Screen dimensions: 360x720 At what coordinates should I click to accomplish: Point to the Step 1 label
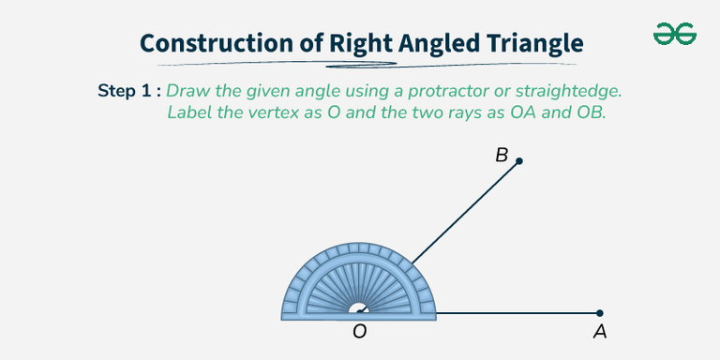tap(129, 91)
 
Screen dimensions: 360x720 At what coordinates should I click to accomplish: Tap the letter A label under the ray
tap(599, 331)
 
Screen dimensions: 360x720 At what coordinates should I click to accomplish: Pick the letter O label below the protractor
tap(359, 331)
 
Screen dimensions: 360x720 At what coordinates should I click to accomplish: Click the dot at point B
tap(519, 161)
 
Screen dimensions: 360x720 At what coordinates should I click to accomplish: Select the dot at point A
tap(600, 313)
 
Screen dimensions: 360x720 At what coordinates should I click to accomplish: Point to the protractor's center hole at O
tap(359, 310)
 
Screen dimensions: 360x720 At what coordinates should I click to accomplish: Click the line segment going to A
tap(516, 313)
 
